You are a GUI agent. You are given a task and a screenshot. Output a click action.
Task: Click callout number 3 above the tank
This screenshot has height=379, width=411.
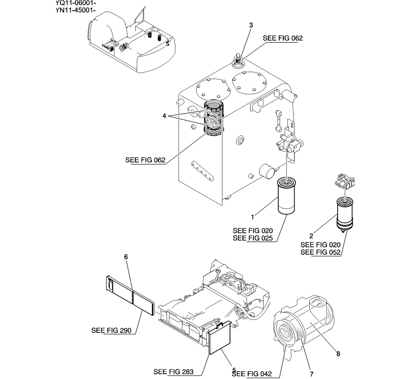[x=251, y=25]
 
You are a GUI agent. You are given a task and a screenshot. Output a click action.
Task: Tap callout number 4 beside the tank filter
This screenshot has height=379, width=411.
[x=164, y=116]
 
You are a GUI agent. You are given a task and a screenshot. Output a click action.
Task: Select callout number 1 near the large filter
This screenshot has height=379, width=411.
[x=253, y=217]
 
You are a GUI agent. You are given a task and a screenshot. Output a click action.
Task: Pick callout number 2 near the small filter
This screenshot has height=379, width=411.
[x=311, y=236]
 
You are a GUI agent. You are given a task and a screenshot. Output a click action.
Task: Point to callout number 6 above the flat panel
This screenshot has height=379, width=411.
[x=126, y=257]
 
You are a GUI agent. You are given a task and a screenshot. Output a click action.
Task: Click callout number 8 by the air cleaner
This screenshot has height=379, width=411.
[x=338, y=354]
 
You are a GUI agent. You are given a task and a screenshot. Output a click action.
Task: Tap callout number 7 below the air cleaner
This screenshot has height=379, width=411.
[x=312, y=374]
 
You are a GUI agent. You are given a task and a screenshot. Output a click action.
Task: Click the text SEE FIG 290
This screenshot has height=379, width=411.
[x=112, y=330]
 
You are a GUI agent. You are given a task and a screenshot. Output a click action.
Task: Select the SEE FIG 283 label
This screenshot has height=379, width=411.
[x=174, y=372]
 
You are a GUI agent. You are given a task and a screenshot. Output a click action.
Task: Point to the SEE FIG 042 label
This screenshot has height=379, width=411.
[x=252, y=374]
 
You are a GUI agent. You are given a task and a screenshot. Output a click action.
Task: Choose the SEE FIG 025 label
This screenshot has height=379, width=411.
[x=253, y=238]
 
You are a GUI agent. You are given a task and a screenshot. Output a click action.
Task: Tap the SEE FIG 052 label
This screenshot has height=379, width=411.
[x=321, y=252]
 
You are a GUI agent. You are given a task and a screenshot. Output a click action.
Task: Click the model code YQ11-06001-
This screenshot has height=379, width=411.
[x=76, y=3]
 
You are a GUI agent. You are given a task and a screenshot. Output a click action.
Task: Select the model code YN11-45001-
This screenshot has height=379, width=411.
[x=76, y=10]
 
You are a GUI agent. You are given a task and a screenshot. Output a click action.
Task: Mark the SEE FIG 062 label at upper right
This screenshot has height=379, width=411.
[x=283, y=38]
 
